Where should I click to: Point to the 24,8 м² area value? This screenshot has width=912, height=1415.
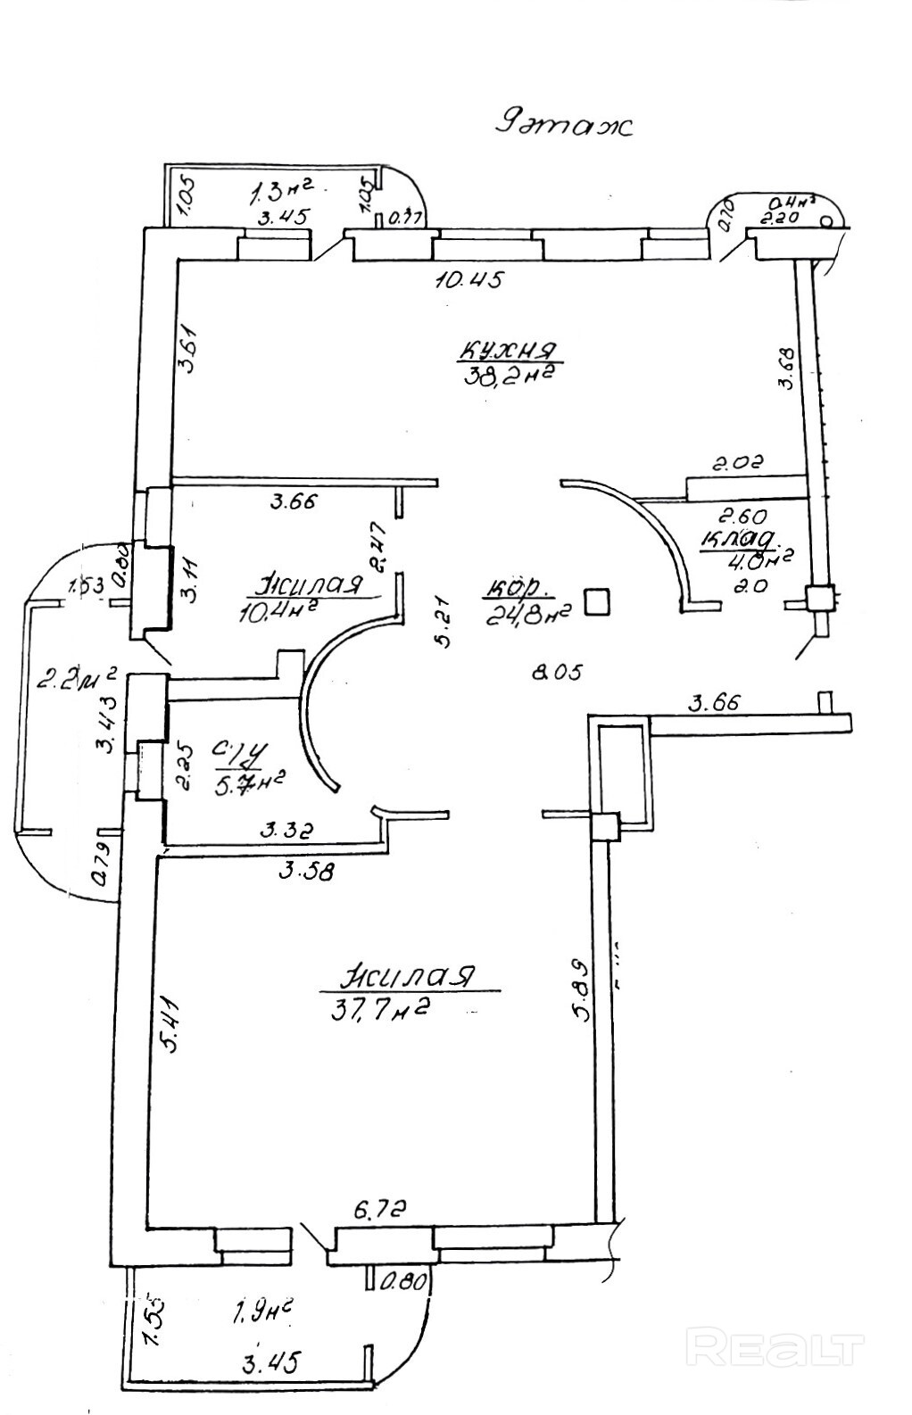pos(527,614)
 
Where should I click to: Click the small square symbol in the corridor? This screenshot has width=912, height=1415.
pos(597,602)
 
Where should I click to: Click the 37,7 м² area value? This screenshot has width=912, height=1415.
pos(381,1009)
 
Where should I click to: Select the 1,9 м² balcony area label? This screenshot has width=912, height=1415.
pos(263,1312)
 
